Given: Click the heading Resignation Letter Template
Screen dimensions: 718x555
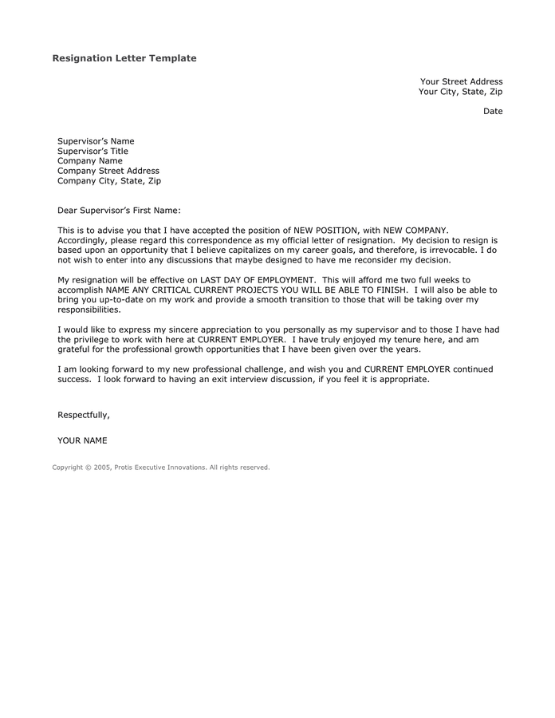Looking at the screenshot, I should click(124, 58).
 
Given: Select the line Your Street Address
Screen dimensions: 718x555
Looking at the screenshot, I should click(461, 81).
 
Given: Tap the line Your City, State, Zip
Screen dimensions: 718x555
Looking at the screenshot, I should click(460, 92).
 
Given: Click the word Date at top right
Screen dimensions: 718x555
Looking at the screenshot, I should click(493, 111).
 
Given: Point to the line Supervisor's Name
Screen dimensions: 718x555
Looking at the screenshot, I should click(96, 141).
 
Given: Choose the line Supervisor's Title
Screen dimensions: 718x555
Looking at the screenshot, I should click(92, 151).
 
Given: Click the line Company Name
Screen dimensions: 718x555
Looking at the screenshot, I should click(90, 161).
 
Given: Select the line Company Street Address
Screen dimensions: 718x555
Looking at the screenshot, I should click(108, 171).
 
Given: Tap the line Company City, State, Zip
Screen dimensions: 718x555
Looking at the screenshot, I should click(109, 181).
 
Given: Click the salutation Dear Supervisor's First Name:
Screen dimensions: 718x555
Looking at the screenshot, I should click(120, 211).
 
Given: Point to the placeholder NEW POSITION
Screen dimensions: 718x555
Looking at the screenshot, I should click(327, 230).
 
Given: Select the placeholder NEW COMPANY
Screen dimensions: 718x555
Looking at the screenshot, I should click(408, 230).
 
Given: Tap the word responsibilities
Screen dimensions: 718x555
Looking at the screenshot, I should click(89, 310).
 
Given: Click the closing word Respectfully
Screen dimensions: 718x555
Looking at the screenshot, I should click(83, 415).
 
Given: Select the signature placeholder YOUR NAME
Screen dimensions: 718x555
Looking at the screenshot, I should click(82, 440).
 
